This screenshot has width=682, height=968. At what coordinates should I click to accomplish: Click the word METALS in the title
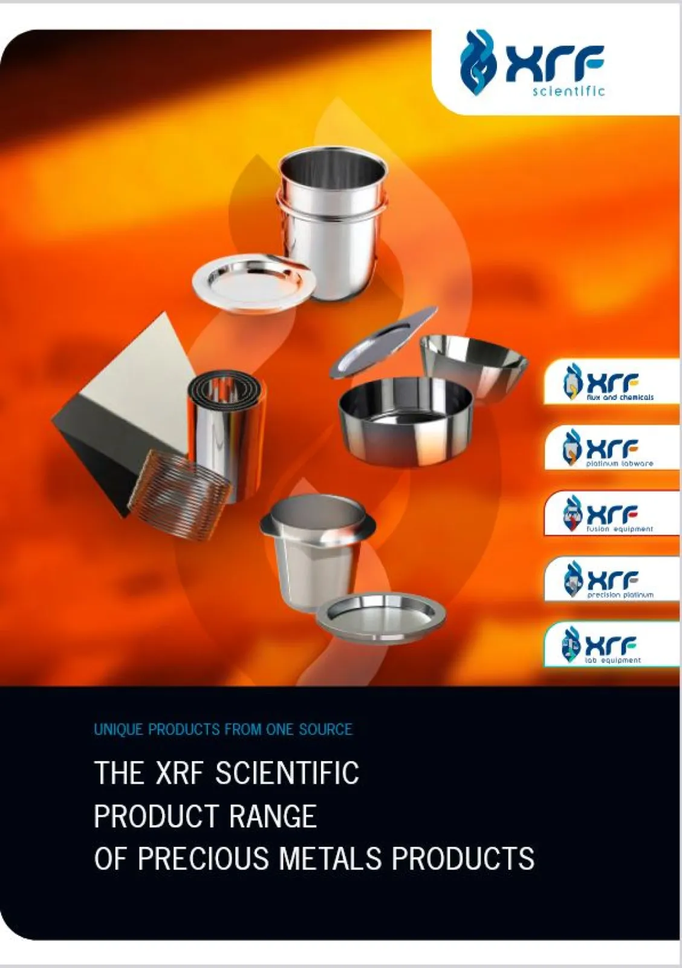click(330, 858)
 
